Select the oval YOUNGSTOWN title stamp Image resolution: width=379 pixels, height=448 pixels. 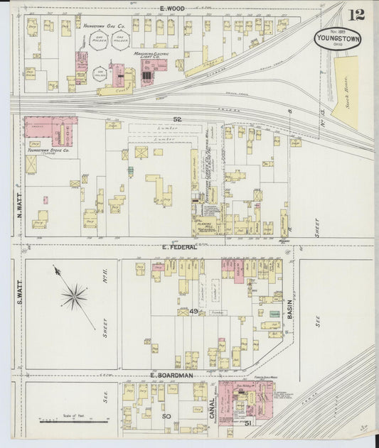pos(338,38)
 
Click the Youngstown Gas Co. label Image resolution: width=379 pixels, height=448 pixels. pos(104,26)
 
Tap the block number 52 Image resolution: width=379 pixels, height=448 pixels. pos(177,119)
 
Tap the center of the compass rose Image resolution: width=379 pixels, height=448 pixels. pos(74,296)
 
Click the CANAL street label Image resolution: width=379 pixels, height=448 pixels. pos(213,408)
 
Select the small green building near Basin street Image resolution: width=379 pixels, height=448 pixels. pos(274,313)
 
